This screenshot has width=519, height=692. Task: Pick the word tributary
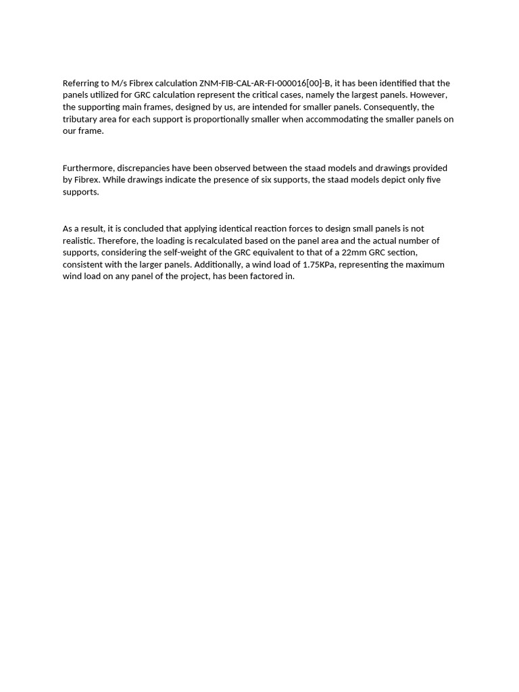[x=80, y=120]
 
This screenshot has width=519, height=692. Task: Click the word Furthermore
[x=88, y=168]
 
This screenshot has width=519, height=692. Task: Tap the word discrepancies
[x=144, y=168]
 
